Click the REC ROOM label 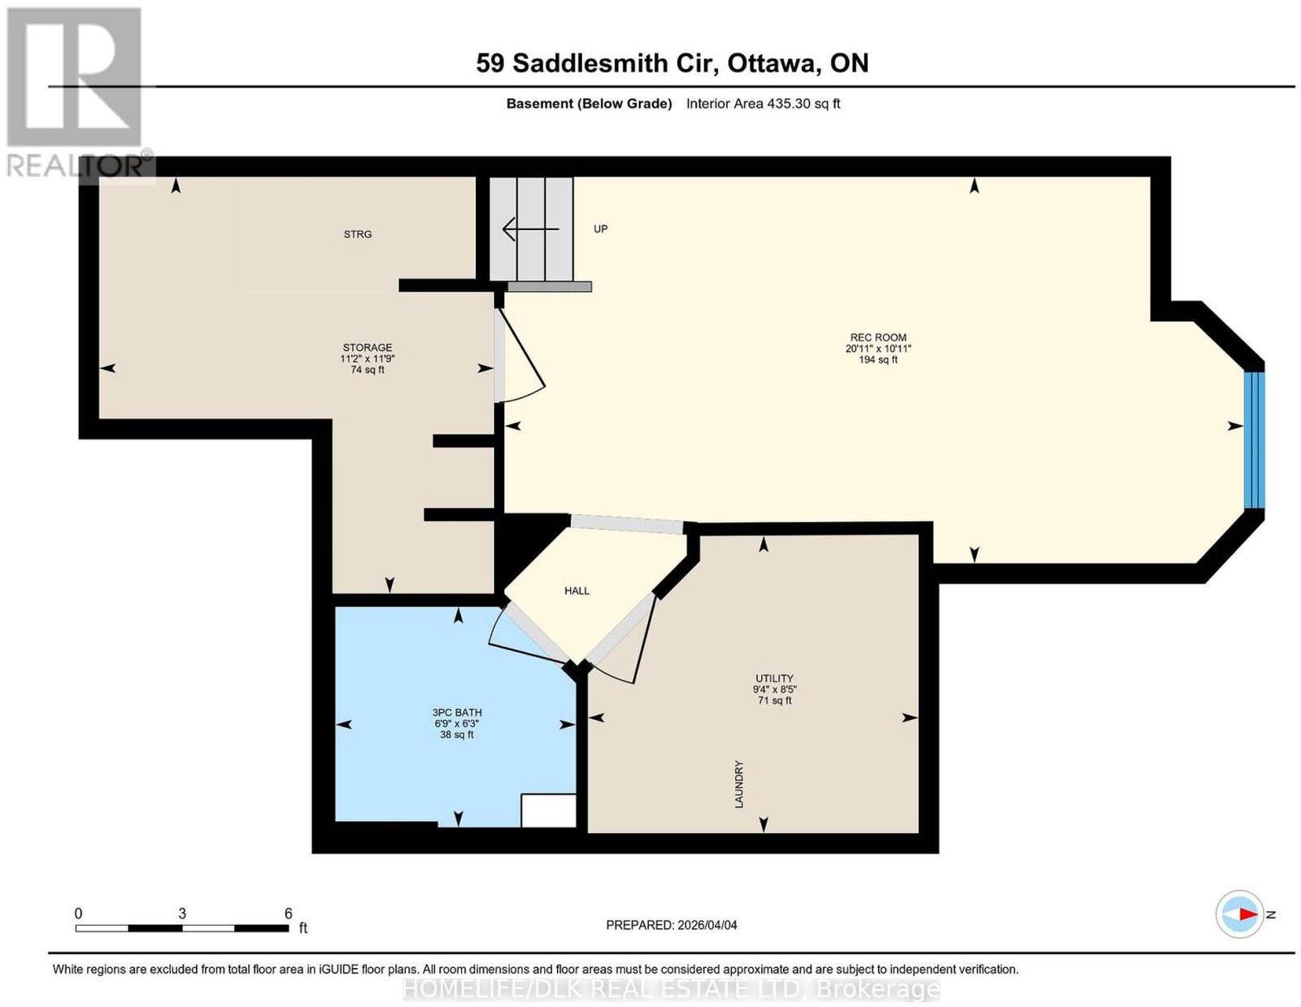(x=877, y=337)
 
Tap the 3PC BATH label (x=457, y=713)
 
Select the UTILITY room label (x=774, y=678)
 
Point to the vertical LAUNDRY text (x=739, y=784)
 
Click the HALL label (x=577, y=591)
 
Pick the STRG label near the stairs (x=358, y=235)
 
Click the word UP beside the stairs (x=601, y=229)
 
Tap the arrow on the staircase (x=530, y=228)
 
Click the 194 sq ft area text (x=877, y=359)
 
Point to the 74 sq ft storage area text (x=367, y=370)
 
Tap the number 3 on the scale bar (x=182, y=914)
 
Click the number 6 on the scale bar (x=289, y=914)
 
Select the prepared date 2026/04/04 (x=707, y=925)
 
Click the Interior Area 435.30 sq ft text (x=764, y=103)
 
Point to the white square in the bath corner (x=548, y=811)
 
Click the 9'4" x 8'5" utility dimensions (x=774, y=689)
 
